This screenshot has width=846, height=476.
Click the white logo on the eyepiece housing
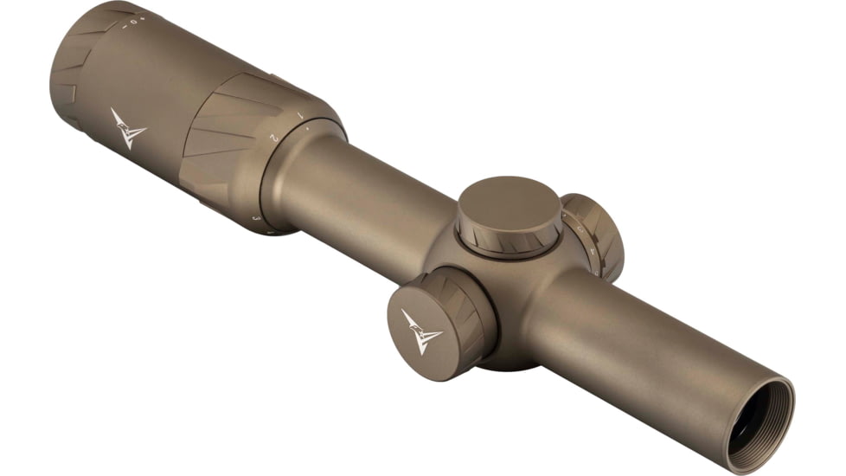127,129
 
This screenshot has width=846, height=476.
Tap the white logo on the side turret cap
421,330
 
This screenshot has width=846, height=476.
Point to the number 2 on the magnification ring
273,137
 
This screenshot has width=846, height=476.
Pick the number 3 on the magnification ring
256,218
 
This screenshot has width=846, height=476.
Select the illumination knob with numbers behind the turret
594,235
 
